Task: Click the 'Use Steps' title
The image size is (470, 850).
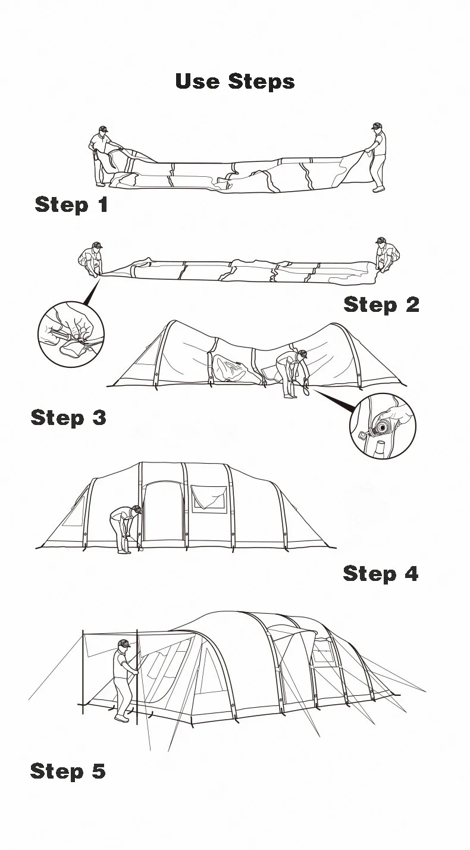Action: click(235, 81)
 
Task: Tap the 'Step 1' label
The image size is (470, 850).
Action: click(71, 204)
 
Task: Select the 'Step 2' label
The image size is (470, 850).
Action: click(381, 304)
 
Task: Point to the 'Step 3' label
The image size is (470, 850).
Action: click(68, 417)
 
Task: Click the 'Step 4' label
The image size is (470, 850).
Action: click(381, 573)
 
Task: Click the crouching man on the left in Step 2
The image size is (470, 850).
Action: click(90, 259)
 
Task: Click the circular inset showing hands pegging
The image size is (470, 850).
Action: click(71, 334)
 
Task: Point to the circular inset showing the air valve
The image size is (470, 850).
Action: click(383, 426)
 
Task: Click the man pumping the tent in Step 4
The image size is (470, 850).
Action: click(126, 529)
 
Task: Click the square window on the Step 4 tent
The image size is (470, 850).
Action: click(209, 499)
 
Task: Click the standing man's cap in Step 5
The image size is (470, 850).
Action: click(124, 643)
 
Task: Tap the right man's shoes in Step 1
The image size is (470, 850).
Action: click(378, 189)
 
